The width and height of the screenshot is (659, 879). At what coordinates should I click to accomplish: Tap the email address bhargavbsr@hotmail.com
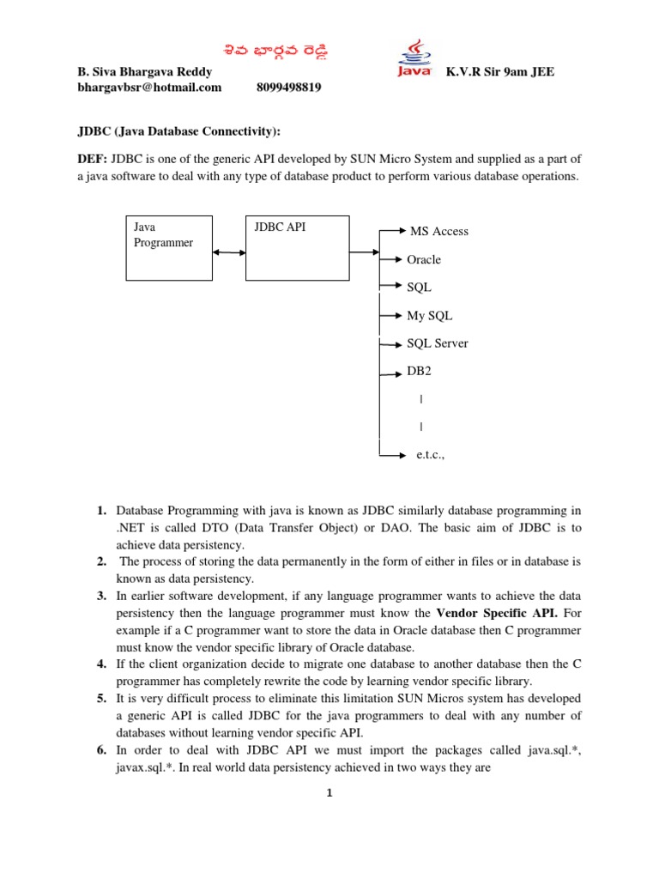point(149,88)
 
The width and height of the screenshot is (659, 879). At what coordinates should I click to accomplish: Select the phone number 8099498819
point(289,88)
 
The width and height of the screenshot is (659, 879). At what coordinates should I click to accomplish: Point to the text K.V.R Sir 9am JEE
point(500,72)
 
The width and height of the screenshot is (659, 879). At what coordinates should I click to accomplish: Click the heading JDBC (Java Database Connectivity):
point(179,131)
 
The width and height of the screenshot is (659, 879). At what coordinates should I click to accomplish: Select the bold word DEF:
point(93,160)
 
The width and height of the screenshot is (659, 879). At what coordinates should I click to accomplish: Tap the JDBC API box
point(297,248)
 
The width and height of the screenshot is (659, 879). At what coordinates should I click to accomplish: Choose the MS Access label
point(439,232)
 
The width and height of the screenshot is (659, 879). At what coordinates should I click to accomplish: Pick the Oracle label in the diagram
point(424,259)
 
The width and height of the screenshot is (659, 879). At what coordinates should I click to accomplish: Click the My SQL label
point(429,315)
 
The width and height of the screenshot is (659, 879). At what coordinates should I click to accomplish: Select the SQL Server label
point(438,343)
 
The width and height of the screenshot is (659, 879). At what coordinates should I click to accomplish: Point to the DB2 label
point(419,372)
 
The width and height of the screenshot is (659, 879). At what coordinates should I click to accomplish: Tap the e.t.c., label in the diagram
point(431,456)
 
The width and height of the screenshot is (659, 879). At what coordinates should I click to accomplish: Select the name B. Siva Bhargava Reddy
point(144,72)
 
